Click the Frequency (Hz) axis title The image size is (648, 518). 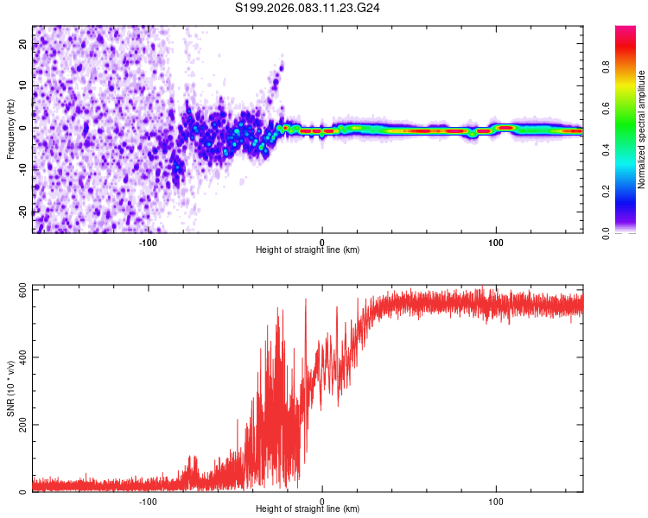tap(10, 128)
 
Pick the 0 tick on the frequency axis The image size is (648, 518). tap(25, 129)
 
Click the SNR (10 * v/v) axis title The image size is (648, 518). tap(10, 387)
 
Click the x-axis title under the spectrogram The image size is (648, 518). tap(308, 250)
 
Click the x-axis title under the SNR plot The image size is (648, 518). tap(308, 510)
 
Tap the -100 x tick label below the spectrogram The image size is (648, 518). tap(148, 242)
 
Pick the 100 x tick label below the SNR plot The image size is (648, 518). tap(496, 501)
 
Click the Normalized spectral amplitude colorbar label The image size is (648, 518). tap(642, 129)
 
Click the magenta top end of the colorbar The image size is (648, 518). tap(626, 31)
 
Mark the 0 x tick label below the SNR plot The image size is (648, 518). tap(322, 501)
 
